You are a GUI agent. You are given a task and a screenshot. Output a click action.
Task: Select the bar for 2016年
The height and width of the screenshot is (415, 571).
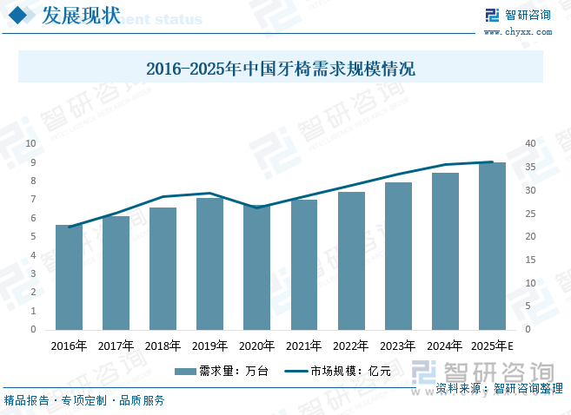[x=69, y=277]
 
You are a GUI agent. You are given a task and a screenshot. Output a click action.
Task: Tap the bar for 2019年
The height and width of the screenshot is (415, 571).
[x=209, y=264]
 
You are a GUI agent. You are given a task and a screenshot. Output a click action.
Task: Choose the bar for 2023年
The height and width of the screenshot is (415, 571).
[x=397, y=256]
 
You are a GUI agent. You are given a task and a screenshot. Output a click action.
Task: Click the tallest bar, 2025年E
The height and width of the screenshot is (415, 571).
[x=492, y=246]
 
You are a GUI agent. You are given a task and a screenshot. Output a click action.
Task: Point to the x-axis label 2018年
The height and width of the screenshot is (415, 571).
[x=163, y=346]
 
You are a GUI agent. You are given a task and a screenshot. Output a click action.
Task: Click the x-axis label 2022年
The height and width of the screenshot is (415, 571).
[x=350, y=346]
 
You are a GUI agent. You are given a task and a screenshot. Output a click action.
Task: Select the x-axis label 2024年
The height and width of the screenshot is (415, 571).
[x=444, y=346]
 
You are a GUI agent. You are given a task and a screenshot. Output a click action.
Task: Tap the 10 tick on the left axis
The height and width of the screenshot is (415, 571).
[x=31, y=143]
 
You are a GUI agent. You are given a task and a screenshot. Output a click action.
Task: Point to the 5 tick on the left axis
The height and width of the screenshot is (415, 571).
[x=33, y=237]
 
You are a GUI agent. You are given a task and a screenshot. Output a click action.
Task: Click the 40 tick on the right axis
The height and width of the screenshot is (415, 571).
[x=531, y=143]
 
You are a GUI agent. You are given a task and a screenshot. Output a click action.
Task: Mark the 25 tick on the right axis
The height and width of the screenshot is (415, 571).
[x=531, y=214]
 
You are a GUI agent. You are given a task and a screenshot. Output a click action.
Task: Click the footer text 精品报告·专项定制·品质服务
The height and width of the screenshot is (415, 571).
[x=84, y=400]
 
